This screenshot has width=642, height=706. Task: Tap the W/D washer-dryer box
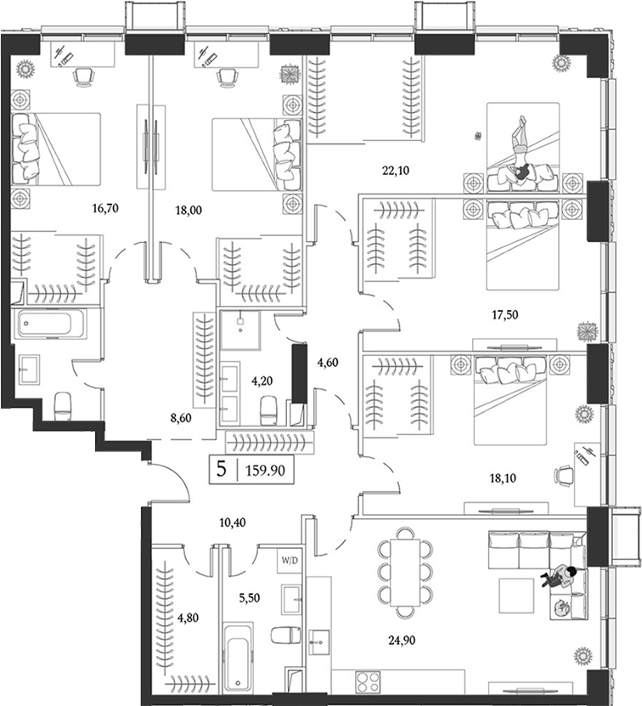[289, 561]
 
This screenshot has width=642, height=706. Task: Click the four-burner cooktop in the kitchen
[369, 681]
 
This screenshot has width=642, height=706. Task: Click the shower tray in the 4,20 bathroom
[243, 329]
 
